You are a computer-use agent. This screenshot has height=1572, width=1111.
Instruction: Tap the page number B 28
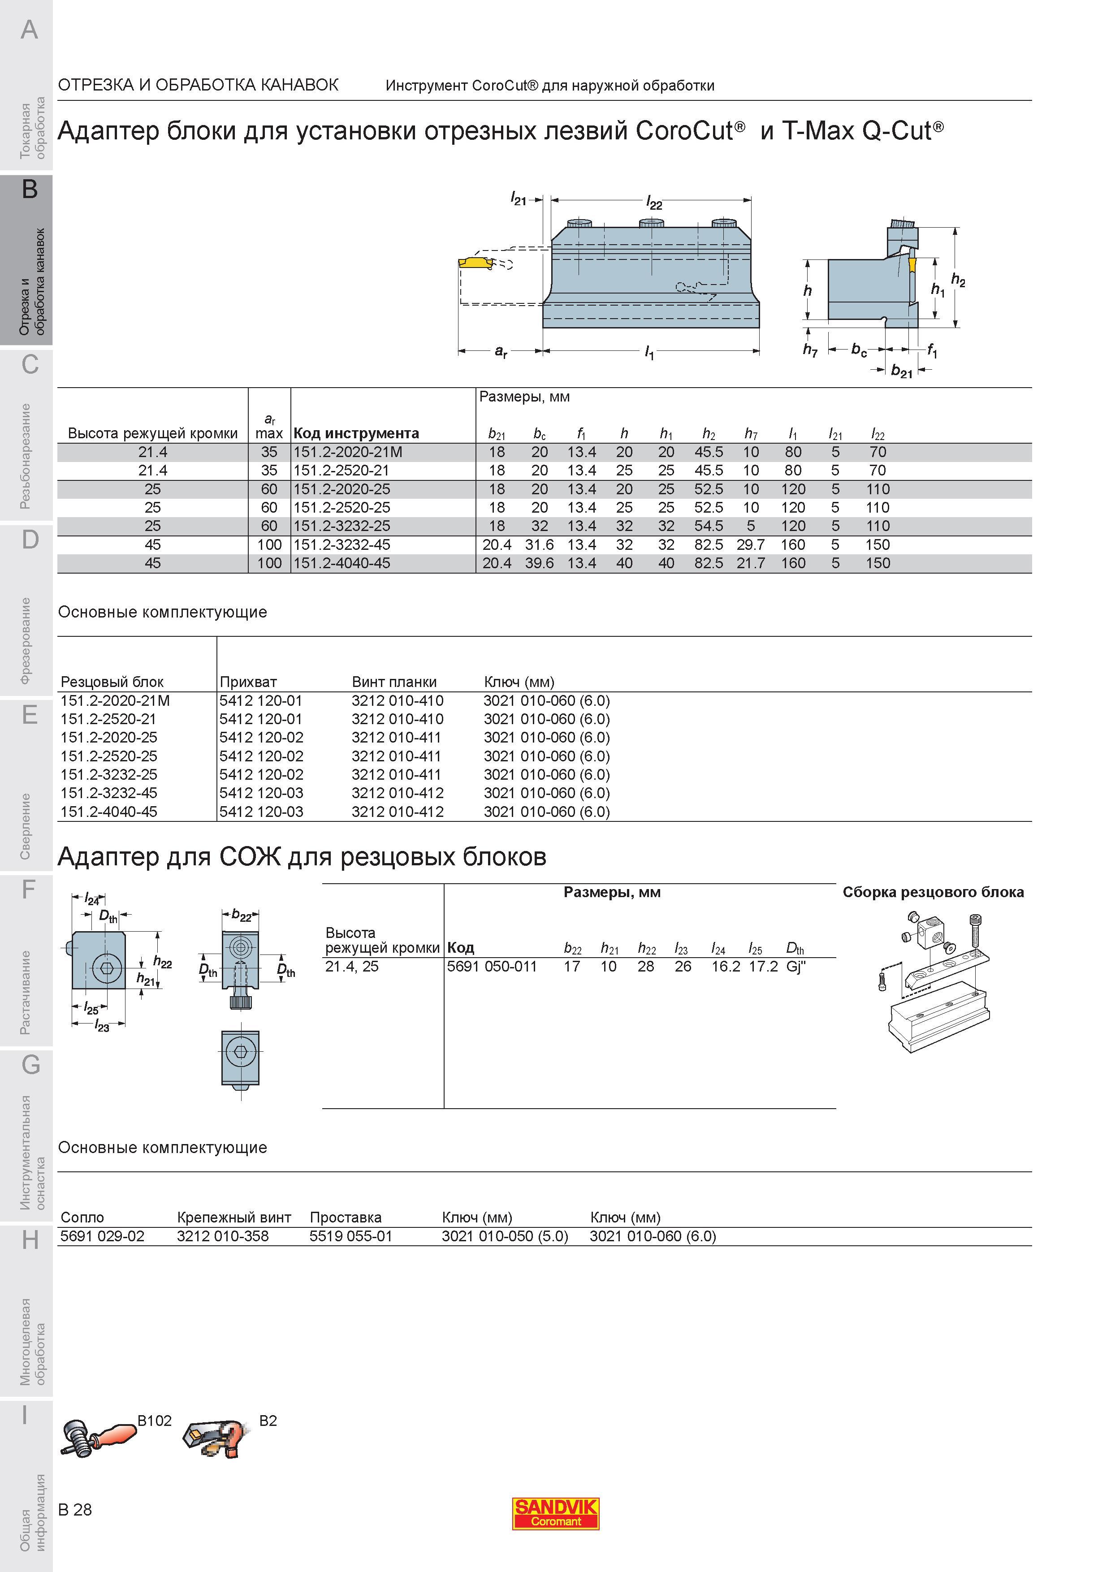75,1510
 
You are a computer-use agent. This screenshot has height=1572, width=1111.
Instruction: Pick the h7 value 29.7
751,545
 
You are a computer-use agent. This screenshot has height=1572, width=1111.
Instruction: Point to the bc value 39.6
540,563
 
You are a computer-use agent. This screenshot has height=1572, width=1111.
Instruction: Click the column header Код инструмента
356,433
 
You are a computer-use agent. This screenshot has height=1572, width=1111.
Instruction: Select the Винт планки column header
394,682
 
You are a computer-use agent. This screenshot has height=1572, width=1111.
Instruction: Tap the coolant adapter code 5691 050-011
492,967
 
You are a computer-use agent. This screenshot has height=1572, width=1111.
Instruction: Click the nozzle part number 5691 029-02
103,1236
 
